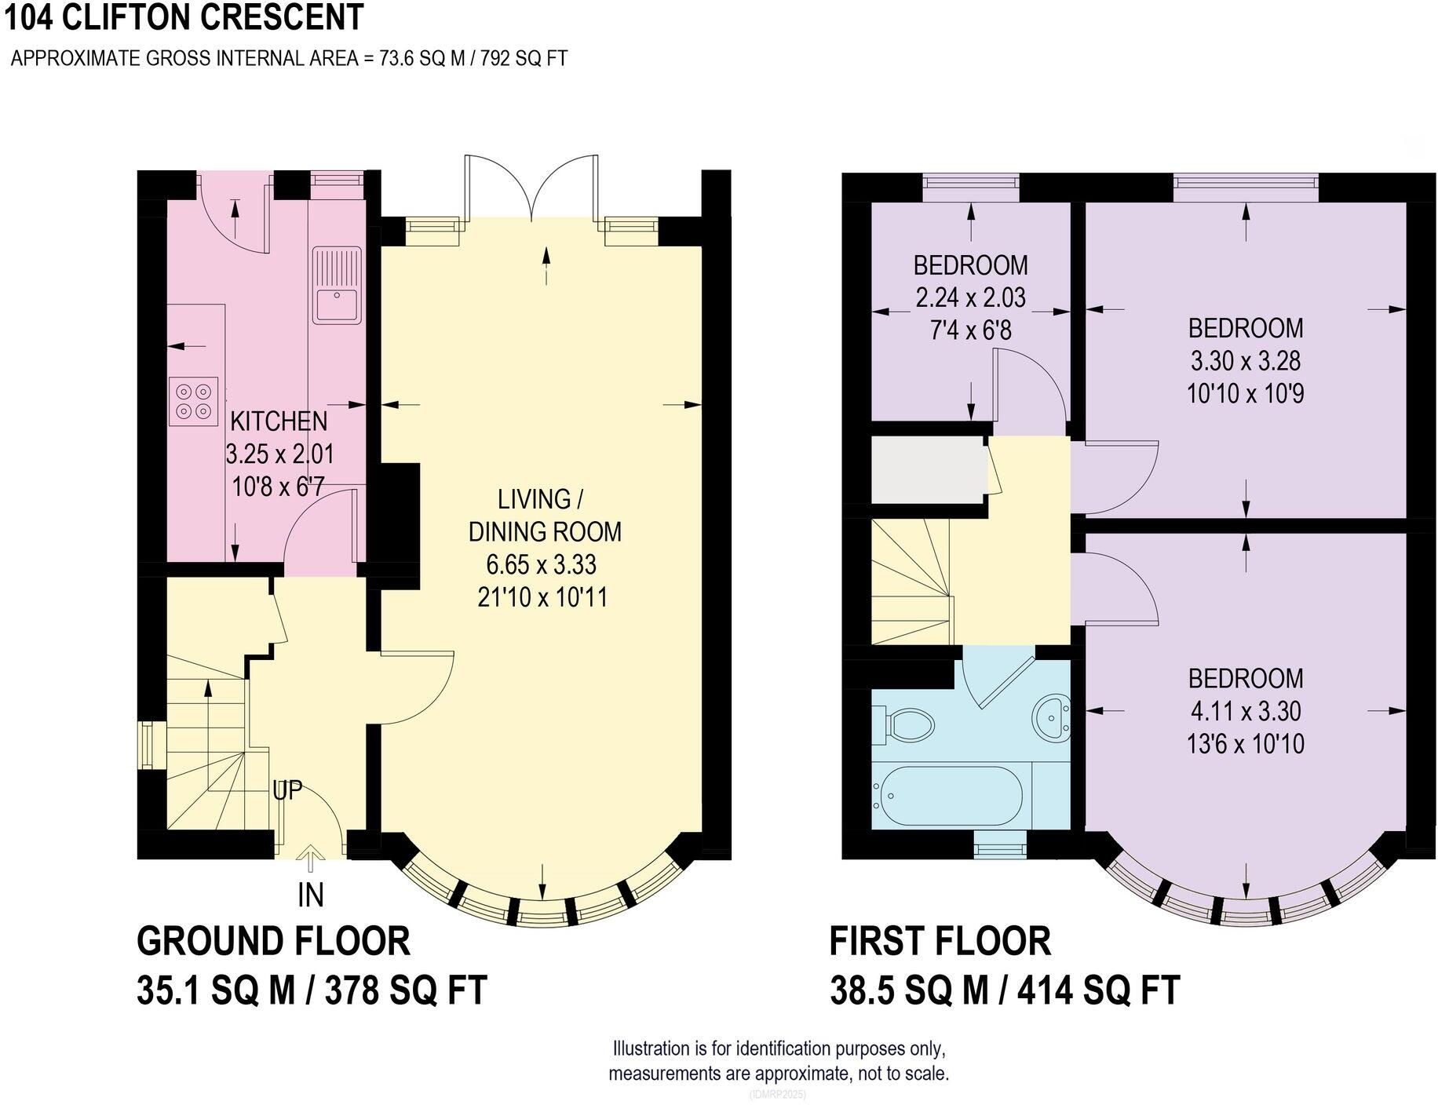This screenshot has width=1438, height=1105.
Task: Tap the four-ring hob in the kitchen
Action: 193,401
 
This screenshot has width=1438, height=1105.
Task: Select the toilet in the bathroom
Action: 909,723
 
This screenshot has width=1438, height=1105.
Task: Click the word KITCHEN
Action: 279,421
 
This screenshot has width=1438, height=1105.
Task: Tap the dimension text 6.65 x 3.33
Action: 542,564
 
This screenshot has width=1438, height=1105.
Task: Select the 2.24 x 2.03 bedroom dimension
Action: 970,298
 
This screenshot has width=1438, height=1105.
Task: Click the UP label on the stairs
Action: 287,790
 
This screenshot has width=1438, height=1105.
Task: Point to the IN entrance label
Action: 311,895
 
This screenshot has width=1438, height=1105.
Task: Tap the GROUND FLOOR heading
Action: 273,941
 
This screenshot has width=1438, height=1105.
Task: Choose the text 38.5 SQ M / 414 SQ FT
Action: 1005,990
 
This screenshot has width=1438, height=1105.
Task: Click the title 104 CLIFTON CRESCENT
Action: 184,17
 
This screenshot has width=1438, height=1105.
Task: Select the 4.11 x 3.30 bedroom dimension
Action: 1246,711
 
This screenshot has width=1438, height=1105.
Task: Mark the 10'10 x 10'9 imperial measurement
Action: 1246,393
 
